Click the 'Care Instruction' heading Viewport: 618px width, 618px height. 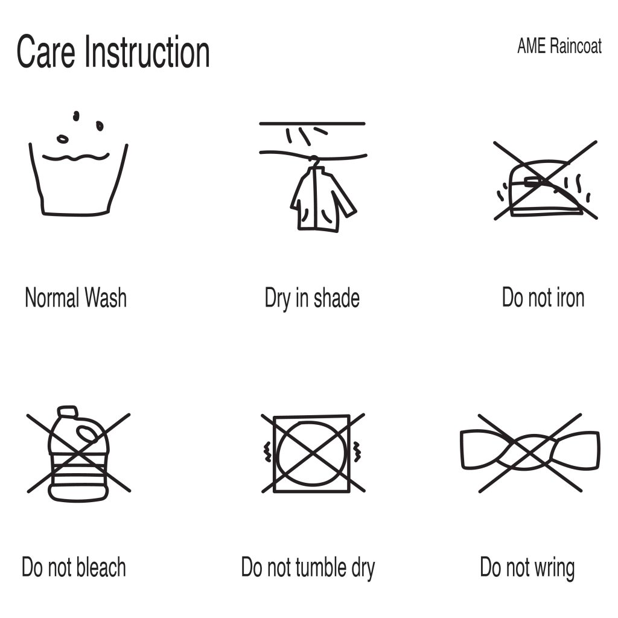point(113,52)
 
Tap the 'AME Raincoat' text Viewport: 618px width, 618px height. point(559,46)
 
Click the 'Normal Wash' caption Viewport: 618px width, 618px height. point(75,298)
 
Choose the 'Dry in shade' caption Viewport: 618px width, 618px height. point(312,298)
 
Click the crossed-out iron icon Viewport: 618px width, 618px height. point(546,180)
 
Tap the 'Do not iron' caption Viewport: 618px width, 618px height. point(543,298)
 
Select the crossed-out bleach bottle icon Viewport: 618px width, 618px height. point(78,453)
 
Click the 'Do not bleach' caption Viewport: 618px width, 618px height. point(74,567)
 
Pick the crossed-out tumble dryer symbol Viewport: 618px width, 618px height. point(313,453)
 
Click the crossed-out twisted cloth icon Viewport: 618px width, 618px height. point(530,453)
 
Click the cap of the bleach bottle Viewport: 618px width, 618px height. point(68,412)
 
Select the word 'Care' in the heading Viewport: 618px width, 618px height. point(46,52)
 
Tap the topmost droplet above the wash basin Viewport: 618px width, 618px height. point(76,116)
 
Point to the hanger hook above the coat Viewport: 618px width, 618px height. point(313,159)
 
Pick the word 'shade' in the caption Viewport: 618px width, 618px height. point(337,298)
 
